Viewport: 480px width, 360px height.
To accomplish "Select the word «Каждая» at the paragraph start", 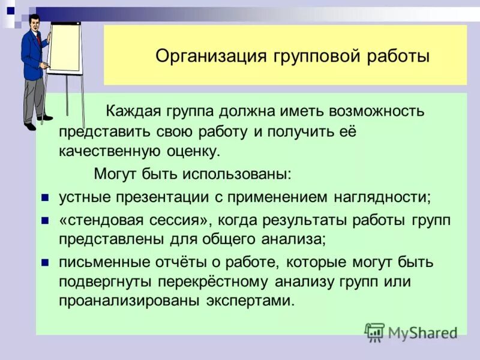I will coord(130,111).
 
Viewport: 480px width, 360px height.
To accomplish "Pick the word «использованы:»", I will coord(239,174).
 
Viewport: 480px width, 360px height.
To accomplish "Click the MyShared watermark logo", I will coord(412,332).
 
